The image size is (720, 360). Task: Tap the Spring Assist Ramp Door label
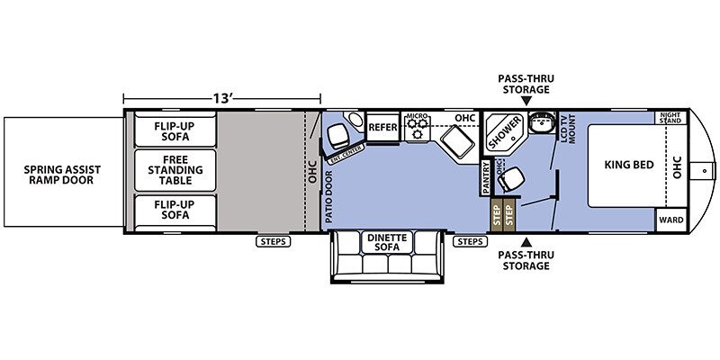click(62, 175)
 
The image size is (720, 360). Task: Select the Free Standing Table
click(175, 170)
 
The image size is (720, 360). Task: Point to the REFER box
click(383, 127)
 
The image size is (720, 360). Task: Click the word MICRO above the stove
click(418, 115)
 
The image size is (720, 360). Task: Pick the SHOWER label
click(505, 132)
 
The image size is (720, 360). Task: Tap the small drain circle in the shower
click(513, 139)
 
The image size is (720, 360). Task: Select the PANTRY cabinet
click(487, 177)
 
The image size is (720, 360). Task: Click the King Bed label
click(629, 165)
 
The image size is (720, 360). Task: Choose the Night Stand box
click(670, 118)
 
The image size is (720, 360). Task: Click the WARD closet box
click(671, 220)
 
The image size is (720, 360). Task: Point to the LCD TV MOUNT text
click(569, 129)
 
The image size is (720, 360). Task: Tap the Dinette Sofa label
click(388, 242)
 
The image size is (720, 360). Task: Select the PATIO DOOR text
click(329, 197)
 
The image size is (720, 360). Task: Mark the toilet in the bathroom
click(510, 178)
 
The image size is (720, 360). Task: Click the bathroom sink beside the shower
click(541, 121)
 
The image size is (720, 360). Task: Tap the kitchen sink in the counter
click(457, 142)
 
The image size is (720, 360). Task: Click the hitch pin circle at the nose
click(705, 171)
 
